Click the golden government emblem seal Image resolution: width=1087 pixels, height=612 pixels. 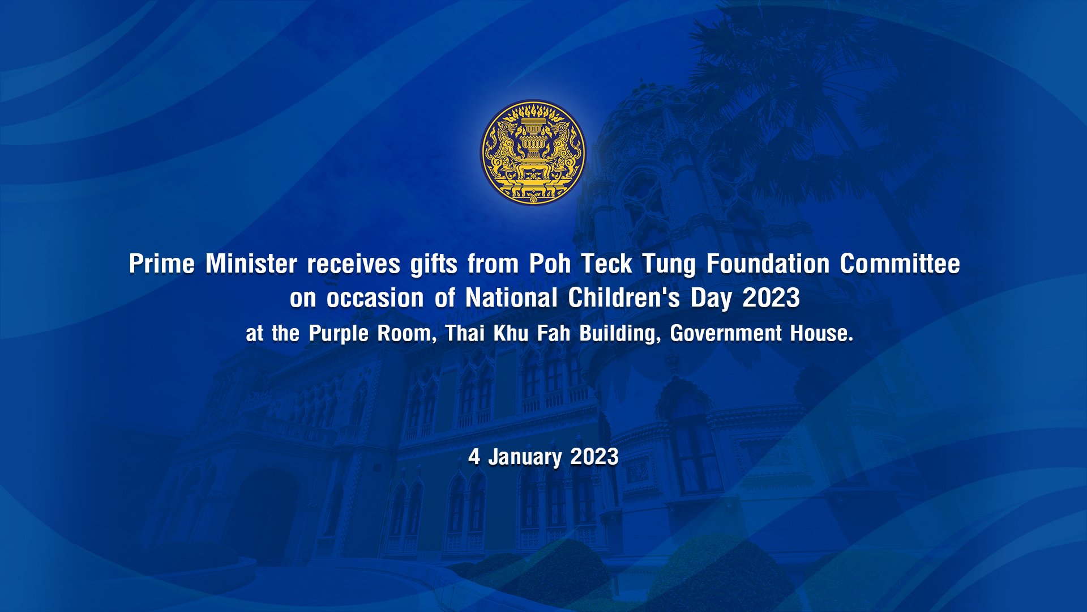[x=533, y=152]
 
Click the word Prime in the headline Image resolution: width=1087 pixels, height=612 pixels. [x=162, y=263]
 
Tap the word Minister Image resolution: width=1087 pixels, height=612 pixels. [x=251, y=263]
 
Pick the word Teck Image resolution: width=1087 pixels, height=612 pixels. [x=606, y=263]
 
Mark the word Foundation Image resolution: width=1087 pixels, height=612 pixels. [x=768, y=263]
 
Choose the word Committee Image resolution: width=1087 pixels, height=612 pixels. [x=900, y=263]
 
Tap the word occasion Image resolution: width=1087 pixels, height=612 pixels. [x=375, y=298]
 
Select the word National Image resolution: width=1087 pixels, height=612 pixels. [x=512, y=297]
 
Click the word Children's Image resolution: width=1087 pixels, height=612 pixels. [x=624, y=297]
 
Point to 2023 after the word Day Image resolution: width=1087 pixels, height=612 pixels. [x=771, y=297]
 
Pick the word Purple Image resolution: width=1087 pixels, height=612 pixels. [x=339, y=334]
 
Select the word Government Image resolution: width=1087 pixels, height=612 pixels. [x=726, y=333]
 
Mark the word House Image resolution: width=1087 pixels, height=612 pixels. [x=822, y=333]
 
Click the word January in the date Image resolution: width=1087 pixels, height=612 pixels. [x=525, y=457]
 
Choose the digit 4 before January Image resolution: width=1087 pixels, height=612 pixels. [x=474, y=456]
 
